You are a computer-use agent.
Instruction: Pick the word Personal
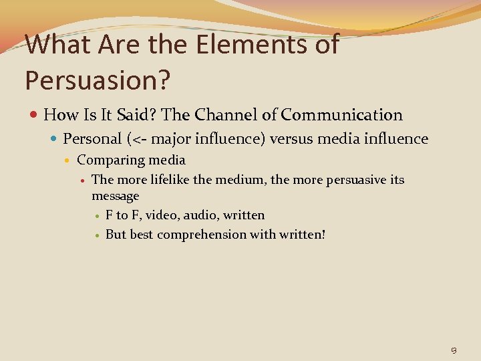coord(91,139)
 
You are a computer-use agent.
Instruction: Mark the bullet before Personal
coord(55,140)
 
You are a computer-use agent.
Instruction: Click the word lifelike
coord(167,180)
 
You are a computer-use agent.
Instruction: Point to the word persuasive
coord(354,180)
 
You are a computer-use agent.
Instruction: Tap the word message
coord(115,196)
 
